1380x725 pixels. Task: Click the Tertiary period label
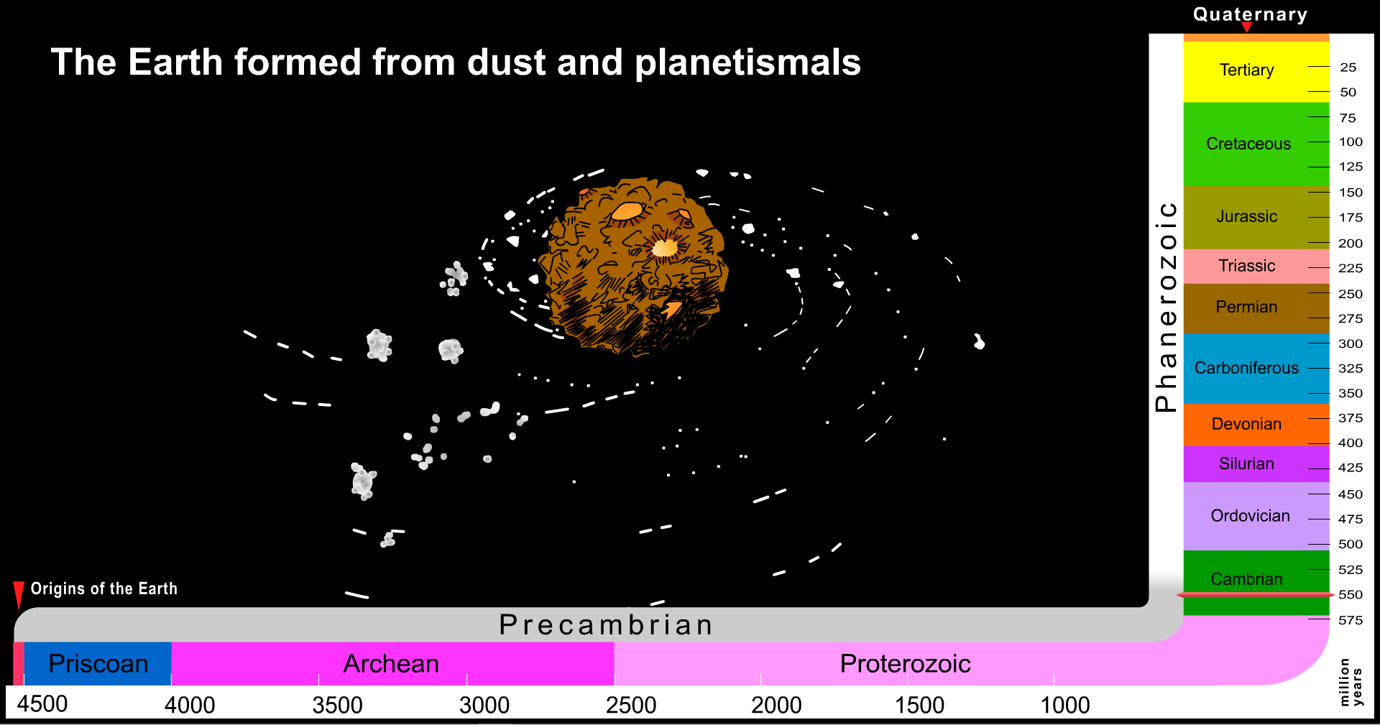[1246, 70]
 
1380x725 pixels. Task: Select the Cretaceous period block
[1256, 144]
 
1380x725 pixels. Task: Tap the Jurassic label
[1246, 216]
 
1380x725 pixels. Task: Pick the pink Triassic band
[1256, 267]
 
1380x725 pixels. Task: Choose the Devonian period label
[1246, 424]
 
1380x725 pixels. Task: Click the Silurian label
[1246, 463]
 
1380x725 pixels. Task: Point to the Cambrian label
[1246, 578]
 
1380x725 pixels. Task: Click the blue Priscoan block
[98, 663]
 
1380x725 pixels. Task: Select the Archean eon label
[391, 663]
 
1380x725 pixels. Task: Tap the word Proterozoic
[905, 663]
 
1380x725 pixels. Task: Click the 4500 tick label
[42, 703]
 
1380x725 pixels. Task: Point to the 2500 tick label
[631, 705]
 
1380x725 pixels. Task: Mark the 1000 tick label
[1065, 705]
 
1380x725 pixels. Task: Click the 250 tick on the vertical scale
[1351, 294]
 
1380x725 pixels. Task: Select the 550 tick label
[1351, 594]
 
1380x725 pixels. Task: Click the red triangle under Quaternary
[1247, 27]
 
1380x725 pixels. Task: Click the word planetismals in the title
[747, 63]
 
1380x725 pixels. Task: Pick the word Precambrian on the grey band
[606, 624]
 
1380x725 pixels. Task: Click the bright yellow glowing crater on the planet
[665, 248]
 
